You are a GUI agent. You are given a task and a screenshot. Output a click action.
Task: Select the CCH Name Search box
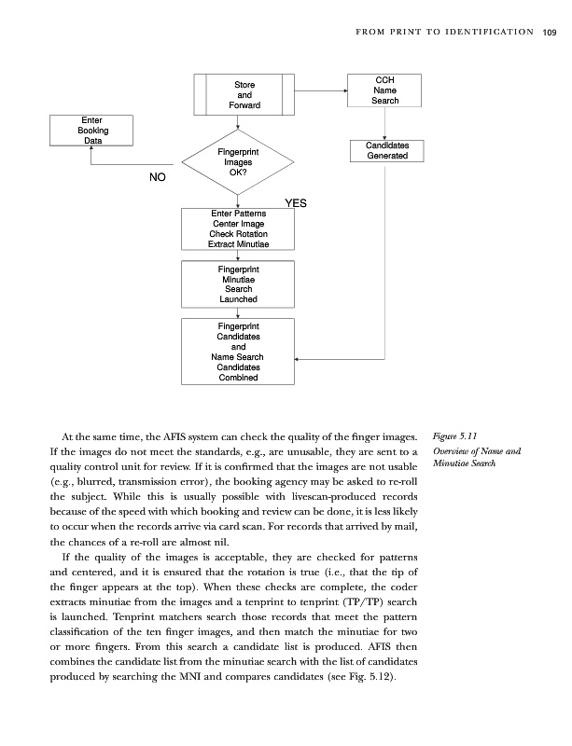tap(385, 90)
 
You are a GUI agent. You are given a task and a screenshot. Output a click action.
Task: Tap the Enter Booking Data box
tap(92, 131)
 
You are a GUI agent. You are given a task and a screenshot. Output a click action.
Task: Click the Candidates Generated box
tap(386, 150)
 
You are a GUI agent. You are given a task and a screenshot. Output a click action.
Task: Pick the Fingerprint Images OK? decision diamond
tap(238, 162)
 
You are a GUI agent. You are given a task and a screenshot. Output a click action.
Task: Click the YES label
tap(295, 202)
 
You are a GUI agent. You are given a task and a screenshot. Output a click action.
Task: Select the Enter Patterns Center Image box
tap(238, 228)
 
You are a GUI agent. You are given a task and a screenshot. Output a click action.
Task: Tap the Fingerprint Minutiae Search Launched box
tap(238, 283)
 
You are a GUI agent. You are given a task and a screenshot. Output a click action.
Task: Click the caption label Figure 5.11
tap(456, 435)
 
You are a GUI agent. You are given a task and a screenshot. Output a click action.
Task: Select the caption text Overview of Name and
tap(477, 451)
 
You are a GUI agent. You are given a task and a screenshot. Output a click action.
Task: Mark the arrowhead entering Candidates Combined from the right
tap(298, 357)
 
